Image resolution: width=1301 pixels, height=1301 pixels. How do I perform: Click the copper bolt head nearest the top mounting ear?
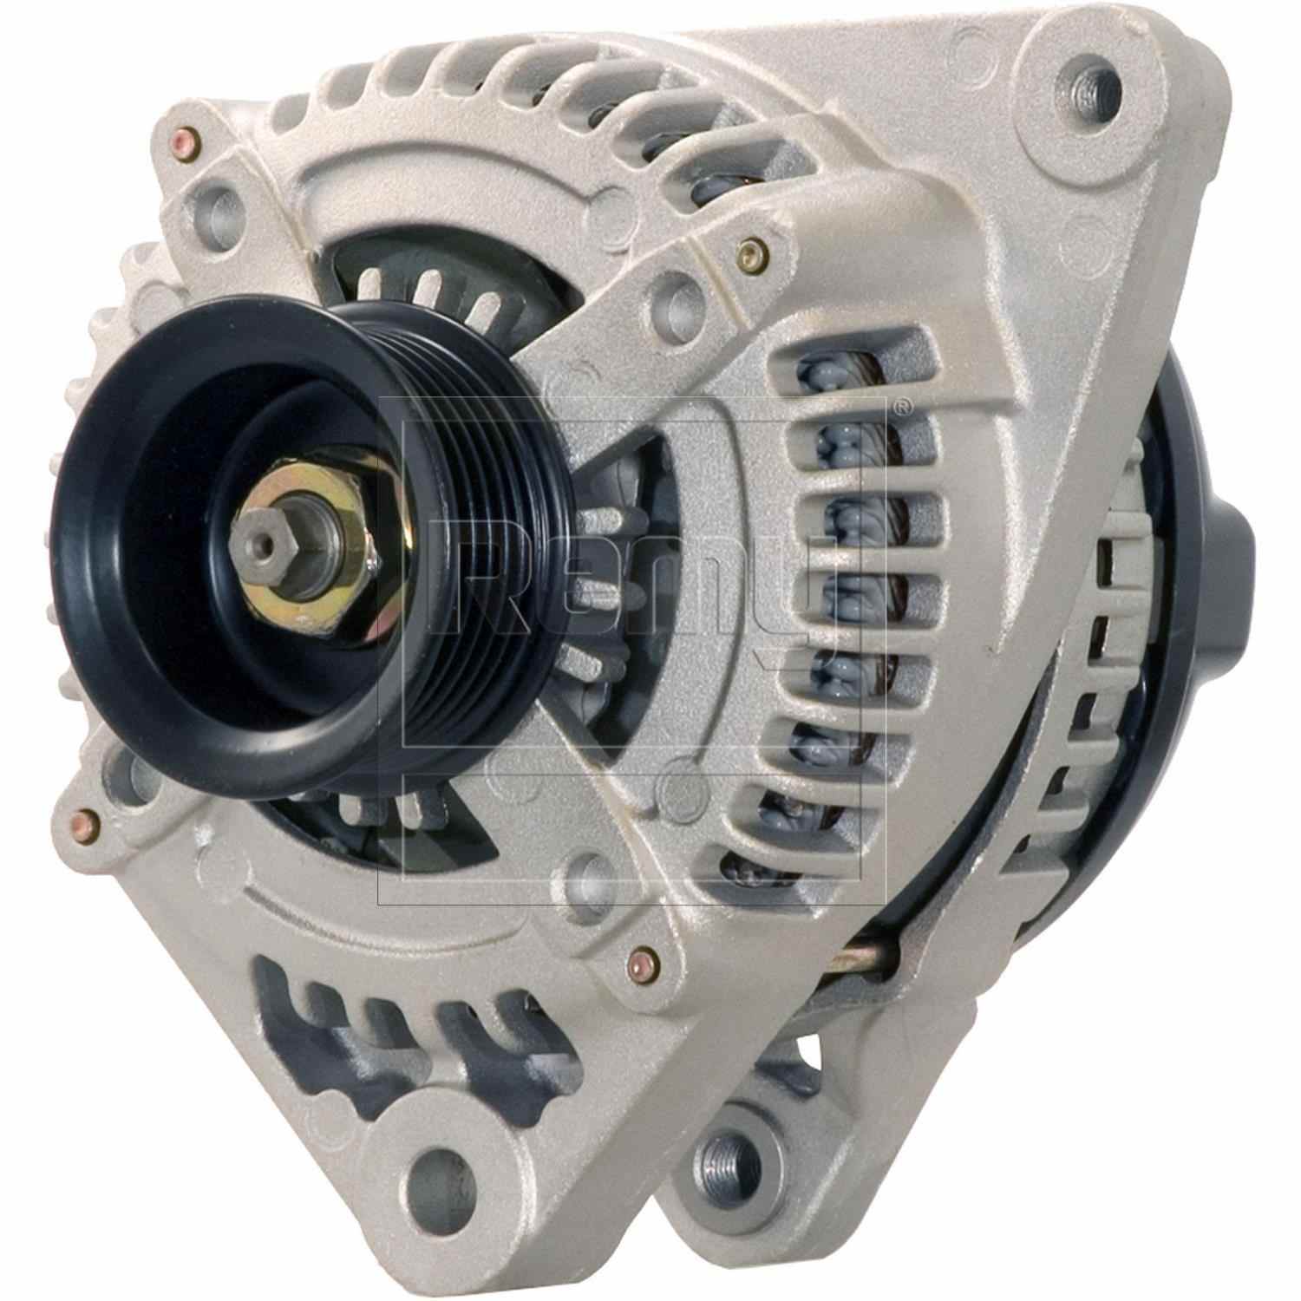749,252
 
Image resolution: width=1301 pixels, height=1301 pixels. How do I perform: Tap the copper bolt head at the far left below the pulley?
84,818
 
